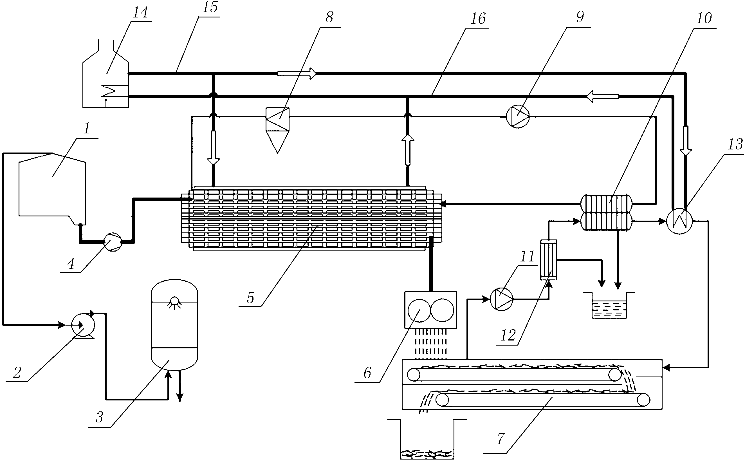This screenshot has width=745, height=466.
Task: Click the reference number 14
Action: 140,13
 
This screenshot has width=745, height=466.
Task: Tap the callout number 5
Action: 250,298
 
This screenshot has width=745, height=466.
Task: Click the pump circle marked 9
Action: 518,116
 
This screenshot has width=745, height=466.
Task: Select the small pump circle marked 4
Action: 113,242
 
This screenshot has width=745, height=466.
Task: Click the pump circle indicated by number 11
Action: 502,299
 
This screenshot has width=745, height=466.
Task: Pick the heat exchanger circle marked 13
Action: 679,221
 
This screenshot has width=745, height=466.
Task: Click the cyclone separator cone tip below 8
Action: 277,153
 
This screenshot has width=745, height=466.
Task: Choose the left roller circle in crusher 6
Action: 419,310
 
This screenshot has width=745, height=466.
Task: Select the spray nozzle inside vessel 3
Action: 175,301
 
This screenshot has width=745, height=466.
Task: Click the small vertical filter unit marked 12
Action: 549,260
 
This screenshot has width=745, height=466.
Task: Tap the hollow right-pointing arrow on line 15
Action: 297,74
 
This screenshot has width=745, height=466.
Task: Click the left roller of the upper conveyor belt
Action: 414,375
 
